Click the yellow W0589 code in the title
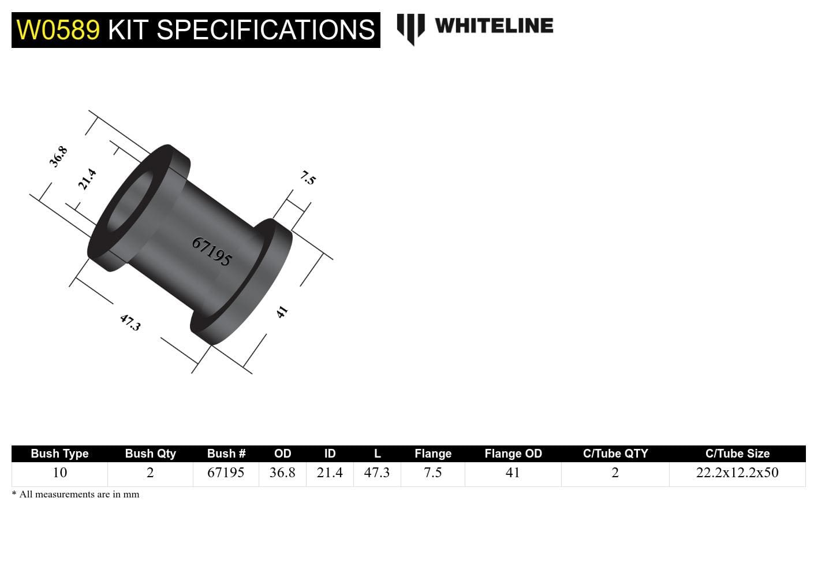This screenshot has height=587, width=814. point(58,30)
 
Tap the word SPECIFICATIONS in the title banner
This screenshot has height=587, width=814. point(266,30)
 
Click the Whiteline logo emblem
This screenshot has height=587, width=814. point(410,28)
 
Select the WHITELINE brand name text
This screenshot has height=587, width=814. point(494,26)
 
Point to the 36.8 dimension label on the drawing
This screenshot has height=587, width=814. point(58,157)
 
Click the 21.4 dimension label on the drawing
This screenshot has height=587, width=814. point(87,179)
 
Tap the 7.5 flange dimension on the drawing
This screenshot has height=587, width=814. point(308,178)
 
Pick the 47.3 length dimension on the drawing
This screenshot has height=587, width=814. point(130,322)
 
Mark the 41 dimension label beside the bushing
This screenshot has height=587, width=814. point(282,312)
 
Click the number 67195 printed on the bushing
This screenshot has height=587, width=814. point(211,251)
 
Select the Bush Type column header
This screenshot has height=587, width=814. point(59,454)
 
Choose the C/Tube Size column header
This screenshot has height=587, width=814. point(737,454)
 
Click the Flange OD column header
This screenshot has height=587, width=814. point(513,454)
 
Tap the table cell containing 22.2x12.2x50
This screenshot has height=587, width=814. point(737,473)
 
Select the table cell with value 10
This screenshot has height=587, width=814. point(59,473)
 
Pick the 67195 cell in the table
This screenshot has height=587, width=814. point(226,473)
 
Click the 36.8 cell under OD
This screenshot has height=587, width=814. point(282,473)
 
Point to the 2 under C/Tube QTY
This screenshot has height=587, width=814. point(615,473)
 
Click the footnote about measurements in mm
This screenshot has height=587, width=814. point(76,495)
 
